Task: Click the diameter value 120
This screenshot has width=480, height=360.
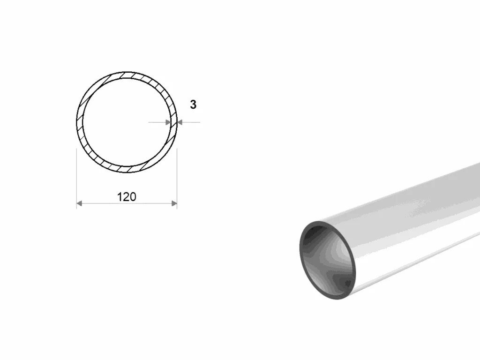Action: (127, 197)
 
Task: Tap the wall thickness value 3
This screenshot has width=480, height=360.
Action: (193, 105)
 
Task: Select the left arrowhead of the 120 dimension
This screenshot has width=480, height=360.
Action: (79, 203)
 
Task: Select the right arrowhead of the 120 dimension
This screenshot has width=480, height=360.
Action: (174, 203)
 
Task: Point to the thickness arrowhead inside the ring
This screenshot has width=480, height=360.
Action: (168, 122)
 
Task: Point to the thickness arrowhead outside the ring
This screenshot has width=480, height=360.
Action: (180, 122)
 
